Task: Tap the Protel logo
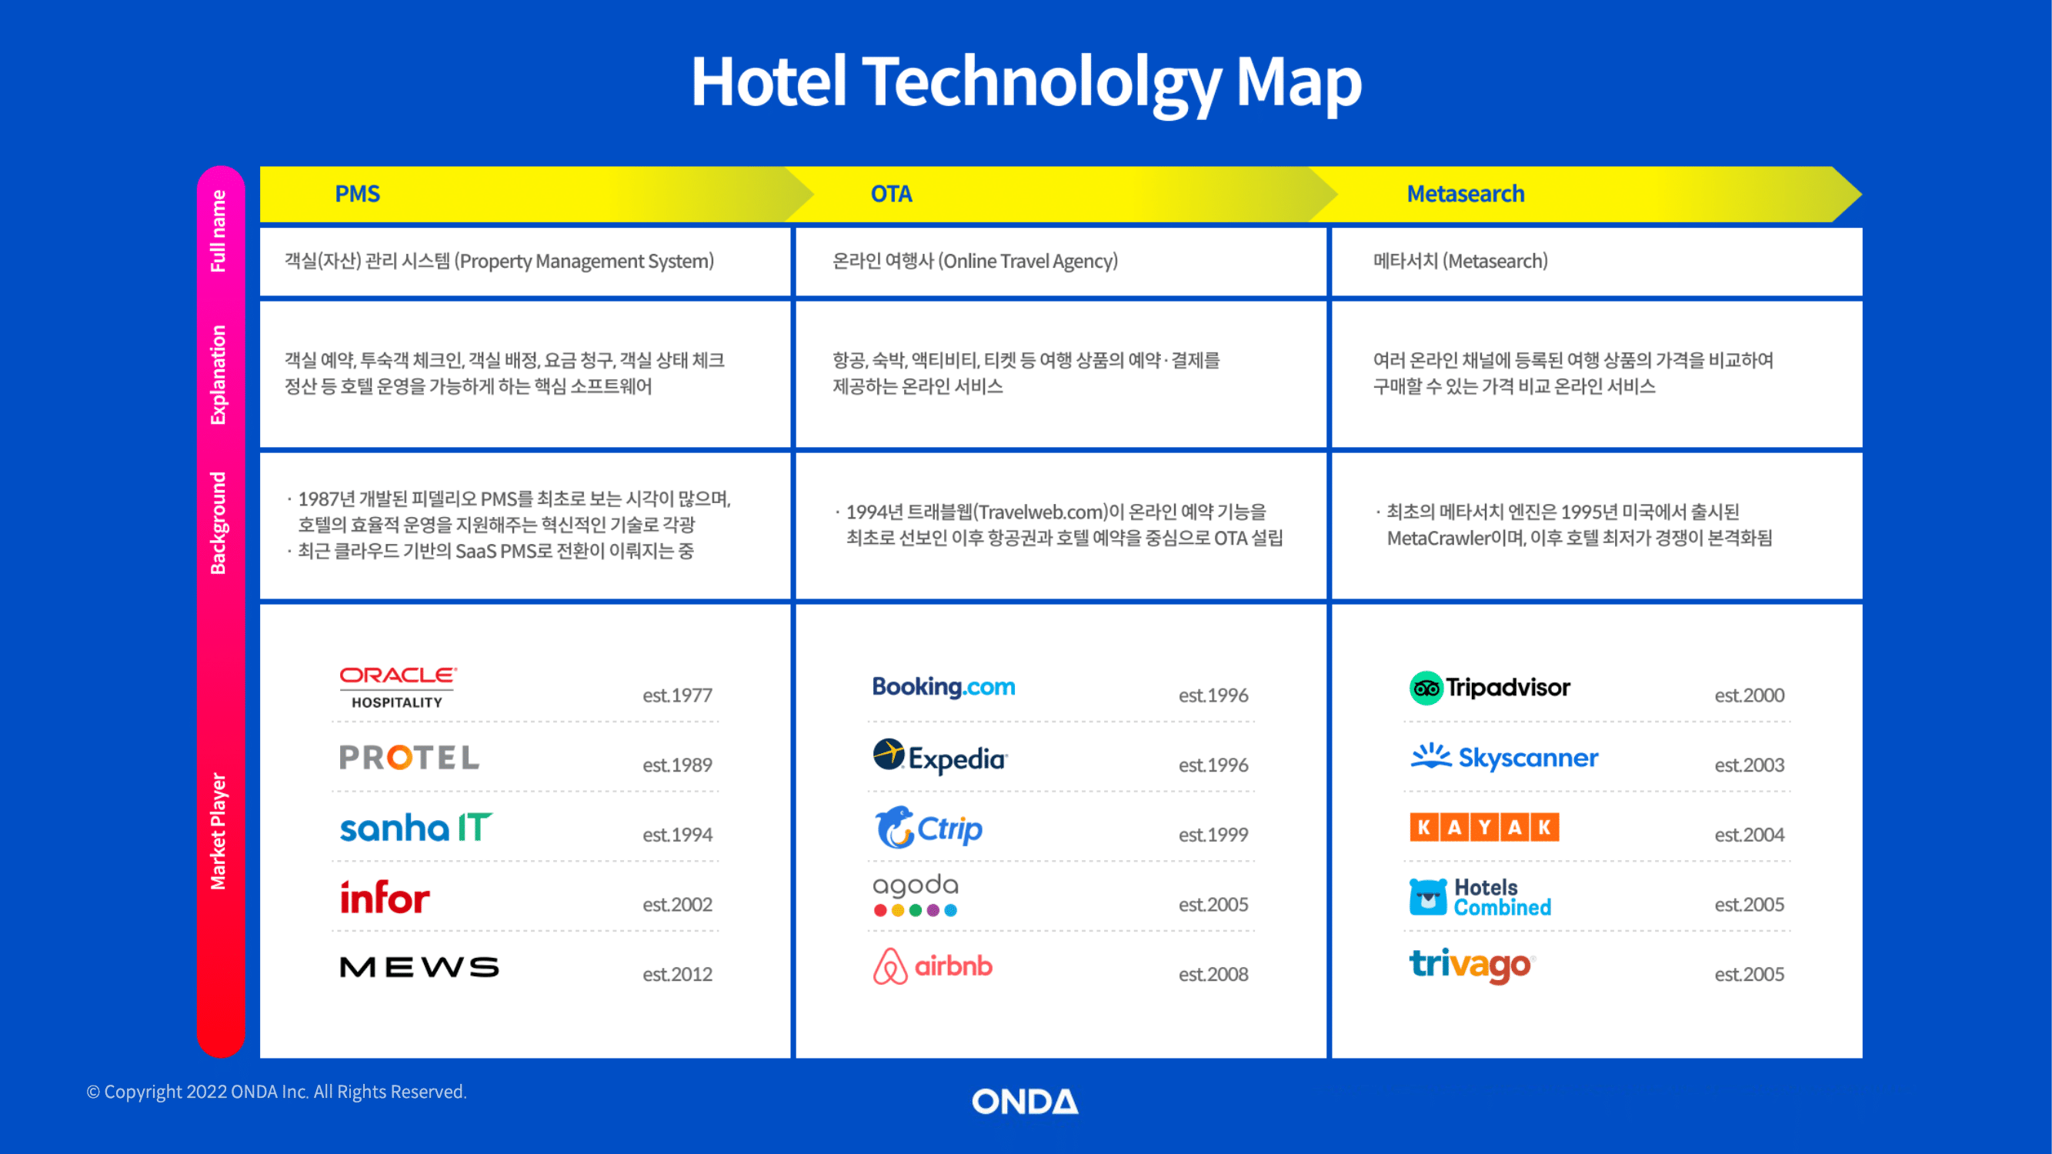pyautogui.click(x=409, y=757)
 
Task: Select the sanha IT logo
pyautogui.click(x=415, y=828)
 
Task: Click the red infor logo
pyautogui.click(x=385, y=897)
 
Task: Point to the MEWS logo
pyautogui.click(x=419, y=967)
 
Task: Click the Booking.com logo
pyautogui.click(x=944, y=687)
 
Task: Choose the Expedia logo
pyautogui.click(x=940, y=757)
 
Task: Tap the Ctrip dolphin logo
pyautogui.click(x=928, y=828)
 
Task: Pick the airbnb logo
pyautogui.click(x=933, y=966)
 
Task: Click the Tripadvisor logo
pyautogui.click(x=1490, y=688)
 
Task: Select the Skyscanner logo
pyautogui.click(x=1504, y=757)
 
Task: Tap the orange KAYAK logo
pyautogui.click(x=1484, y=828)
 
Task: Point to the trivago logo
pyautogui.click(x=1472, y=966)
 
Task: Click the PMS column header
pyautogui.click(x=357, y=194)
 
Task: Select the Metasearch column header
pyautogui.click(x=1466, y=194)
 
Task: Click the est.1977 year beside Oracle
pyautogui.click(x=678, y=695)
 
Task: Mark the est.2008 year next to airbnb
pyautogui.click(x=1213, y=974)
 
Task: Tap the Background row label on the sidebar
pyautogui.click(x=218, y=523)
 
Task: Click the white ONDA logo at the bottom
pyautogui.click(x=1025, y=1102)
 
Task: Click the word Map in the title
pyautogui.click(x=1299, y=82)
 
